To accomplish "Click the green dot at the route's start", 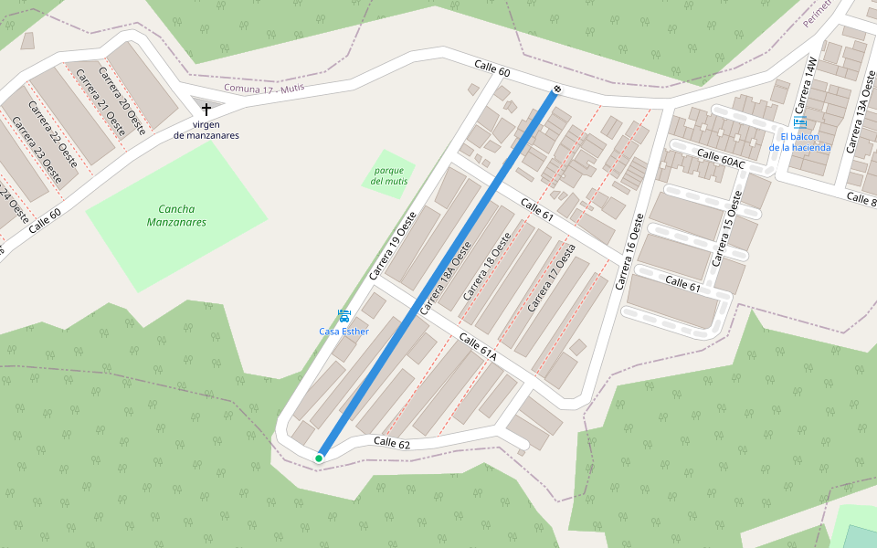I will pos(319,458).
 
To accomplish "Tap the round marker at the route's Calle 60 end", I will pos(555,90).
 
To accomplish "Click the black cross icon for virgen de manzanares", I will pos(206,109).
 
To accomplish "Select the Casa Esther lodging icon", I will pos(343,316).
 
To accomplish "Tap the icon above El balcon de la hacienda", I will pos(800,122).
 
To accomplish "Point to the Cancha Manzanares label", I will pos(176,216).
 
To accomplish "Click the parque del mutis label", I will pos(390,175).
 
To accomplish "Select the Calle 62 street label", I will pos(392,442).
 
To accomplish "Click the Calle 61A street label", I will pos(477,346).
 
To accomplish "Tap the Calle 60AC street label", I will pos(721,159).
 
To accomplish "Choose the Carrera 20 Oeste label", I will pos(122,100).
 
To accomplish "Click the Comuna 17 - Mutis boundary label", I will pos(264,88).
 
